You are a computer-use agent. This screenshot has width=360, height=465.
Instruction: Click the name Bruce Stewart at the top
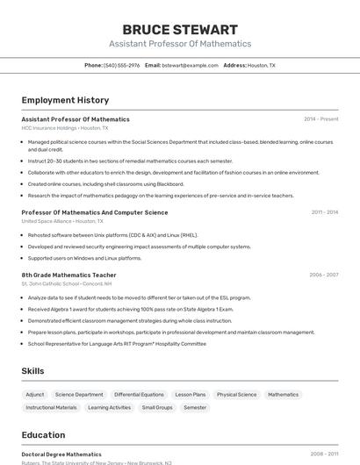180,29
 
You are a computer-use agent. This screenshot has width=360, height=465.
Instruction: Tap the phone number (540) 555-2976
122,65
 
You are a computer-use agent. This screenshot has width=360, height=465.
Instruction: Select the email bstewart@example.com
191,65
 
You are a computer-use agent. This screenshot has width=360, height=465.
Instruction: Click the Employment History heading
65,100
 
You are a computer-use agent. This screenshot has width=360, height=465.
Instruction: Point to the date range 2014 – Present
320,119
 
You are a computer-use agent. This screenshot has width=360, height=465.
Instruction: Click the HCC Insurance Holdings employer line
66,128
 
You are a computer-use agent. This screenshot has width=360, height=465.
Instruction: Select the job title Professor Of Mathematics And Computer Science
95,212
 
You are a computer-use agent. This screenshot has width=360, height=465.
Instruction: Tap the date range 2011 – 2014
324,212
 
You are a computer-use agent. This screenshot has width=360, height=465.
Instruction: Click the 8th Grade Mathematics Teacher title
68,275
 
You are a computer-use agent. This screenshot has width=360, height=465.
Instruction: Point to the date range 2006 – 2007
323,275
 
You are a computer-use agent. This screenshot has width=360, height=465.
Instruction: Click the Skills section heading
32,371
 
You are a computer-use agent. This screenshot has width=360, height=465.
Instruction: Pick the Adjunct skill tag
35,395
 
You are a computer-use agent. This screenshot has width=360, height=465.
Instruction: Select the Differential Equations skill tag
139,395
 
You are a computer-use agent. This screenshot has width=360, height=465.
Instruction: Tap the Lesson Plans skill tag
191,395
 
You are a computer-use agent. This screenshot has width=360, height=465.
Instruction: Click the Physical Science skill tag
237,395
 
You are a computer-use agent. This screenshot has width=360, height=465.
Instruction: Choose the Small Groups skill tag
157,407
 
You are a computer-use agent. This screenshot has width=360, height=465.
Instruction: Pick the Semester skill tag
195,407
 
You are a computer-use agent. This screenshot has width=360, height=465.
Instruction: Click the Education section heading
43,434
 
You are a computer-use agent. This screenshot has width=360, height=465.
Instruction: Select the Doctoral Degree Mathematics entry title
61,454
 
